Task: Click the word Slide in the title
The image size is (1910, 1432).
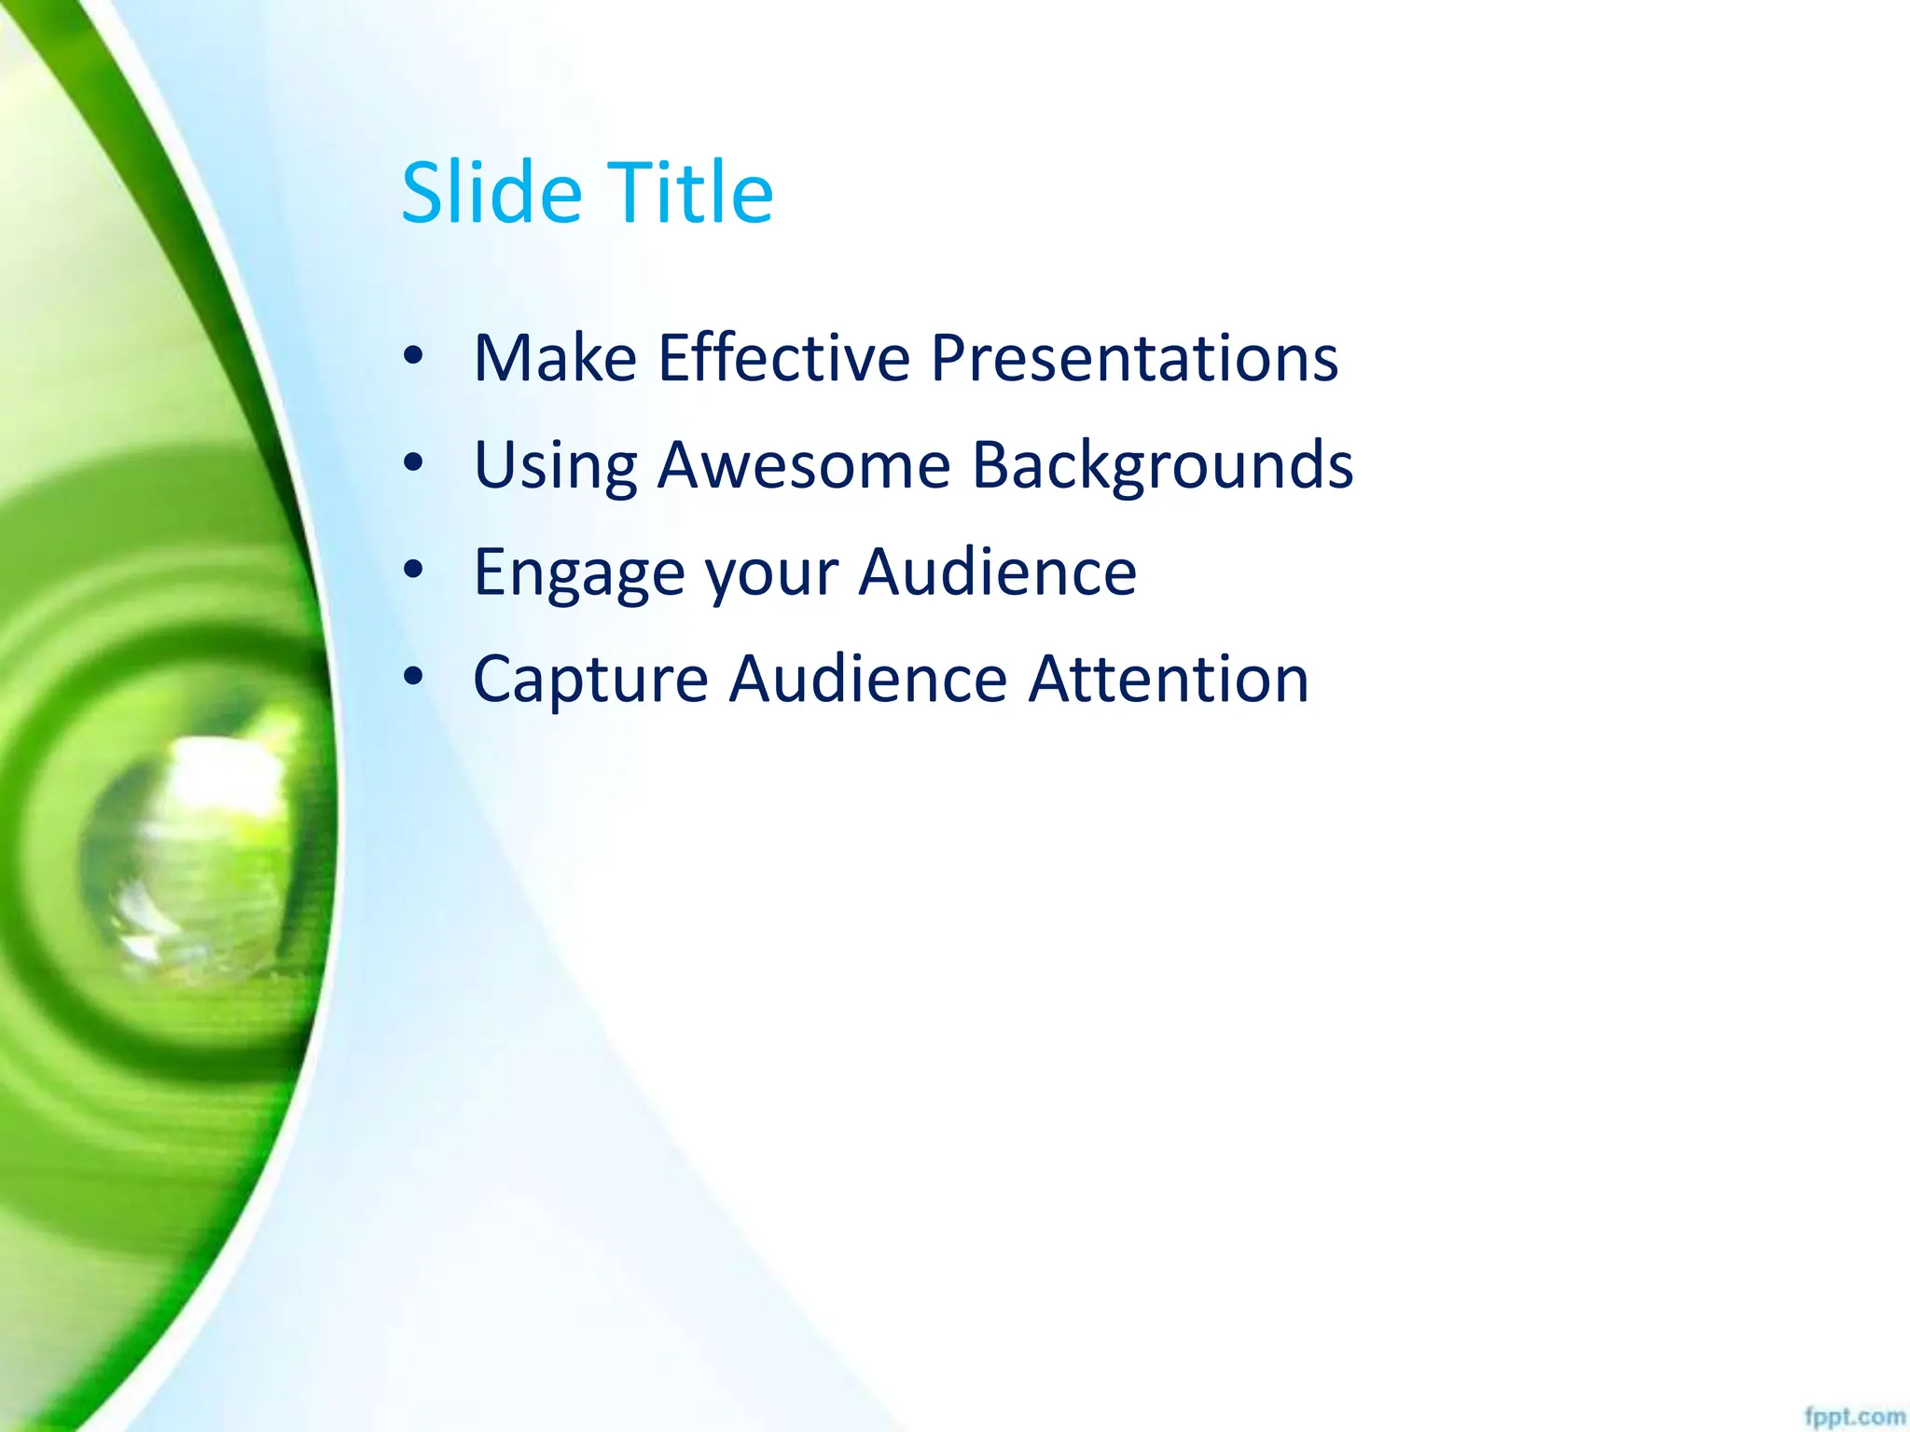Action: (x=491, y=193)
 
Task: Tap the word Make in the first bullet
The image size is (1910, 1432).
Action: (x=555, y=358)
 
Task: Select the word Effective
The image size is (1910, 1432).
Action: (x=783, y=358)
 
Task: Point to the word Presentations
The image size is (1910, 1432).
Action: (x=1134, y=358)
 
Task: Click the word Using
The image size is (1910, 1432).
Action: (x=556, y=465)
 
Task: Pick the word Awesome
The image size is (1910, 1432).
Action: (x=804, y=465)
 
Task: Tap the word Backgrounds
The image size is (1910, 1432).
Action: (x=1162, y=465)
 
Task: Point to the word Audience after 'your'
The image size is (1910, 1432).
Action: (x=997, y=572)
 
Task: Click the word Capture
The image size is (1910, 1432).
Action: (x=590, y=680)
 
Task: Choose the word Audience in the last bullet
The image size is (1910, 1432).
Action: (x=867, y=680)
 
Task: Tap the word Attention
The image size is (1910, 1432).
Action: (x=1169, y=680)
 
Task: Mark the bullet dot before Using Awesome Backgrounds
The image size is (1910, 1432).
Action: (x=413, y=462)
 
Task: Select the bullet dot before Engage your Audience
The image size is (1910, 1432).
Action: (x=413, y=569)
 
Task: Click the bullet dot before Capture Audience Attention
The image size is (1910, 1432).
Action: (x=413, y=676)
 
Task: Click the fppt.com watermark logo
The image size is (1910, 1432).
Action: (x=1854, y=1417)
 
